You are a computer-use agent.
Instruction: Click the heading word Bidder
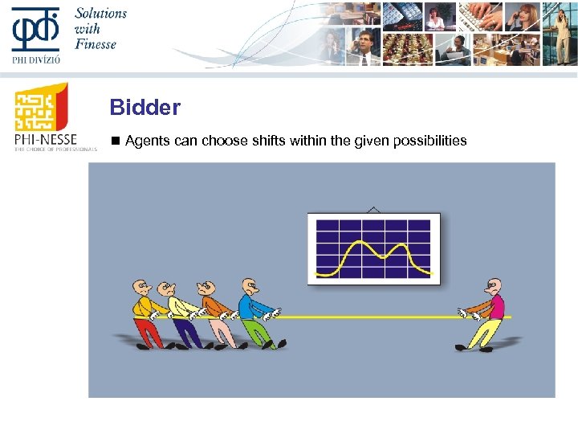tap(145, 107)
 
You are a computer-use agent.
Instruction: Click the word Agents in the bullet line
tap(149, 141)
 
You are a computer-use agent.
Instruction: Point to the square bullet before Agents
tap(115, 141)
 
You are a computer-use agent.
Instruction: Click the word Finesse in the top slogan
tap(96, 44)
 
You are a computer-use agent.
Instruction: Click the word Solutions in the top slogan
tap(101, 14)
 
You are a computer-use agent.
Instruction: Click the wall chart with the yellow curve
tap(373, 248)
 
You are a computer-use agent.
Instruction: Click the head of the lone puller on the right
tap(494, 287)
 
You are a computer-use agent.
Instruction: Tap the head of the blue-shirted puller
tap(250, 286)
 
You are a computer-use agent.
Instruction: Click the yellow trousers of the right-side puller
tap(484, 330)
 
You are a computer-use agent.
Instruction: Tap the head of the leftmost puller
tap(141, 287)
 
